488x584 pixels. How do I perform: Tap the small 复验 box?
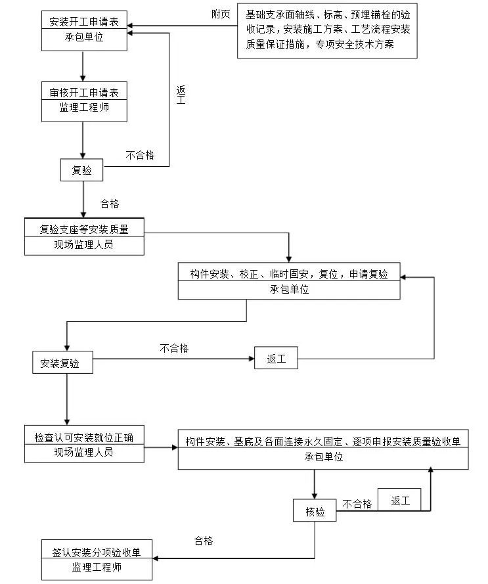pos(82,170)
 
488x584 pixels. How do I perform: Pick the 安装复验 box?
pos(62,362)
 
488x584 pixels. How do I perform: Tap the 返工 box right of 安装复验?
pos(275,359)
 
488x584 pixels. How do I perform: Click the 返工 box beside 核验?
pos(400,501)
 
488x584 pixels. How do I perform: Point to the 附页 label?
pos(221,14)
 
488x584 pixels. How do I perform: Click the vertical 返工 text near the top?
pos(181,95)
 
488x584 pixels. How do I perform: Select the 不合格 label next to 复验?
pos(141,155)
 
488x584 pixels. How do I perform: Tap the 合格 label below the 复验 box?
pos(110,204)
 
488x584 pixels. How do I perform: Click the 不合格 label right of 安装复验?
pos(173,349)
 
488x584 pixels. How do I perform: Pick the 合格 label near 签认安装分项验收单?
pos(204,541)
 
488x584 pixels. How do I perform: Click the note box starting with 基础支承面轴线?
pos(327,30)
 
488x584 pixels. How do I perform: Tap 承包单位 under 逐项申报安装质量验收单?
pos(323,457)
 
